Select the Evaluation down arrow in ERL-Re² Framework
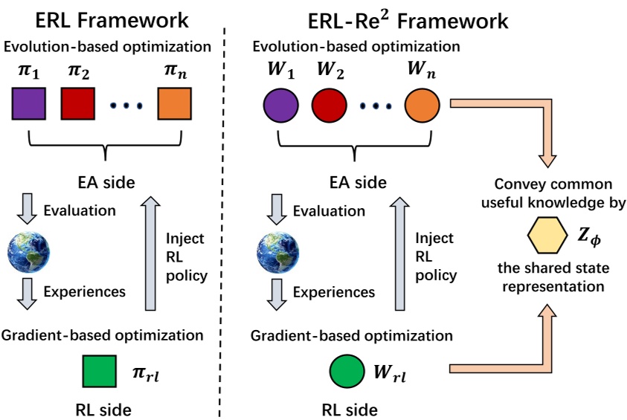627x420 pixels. [275, 211]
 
